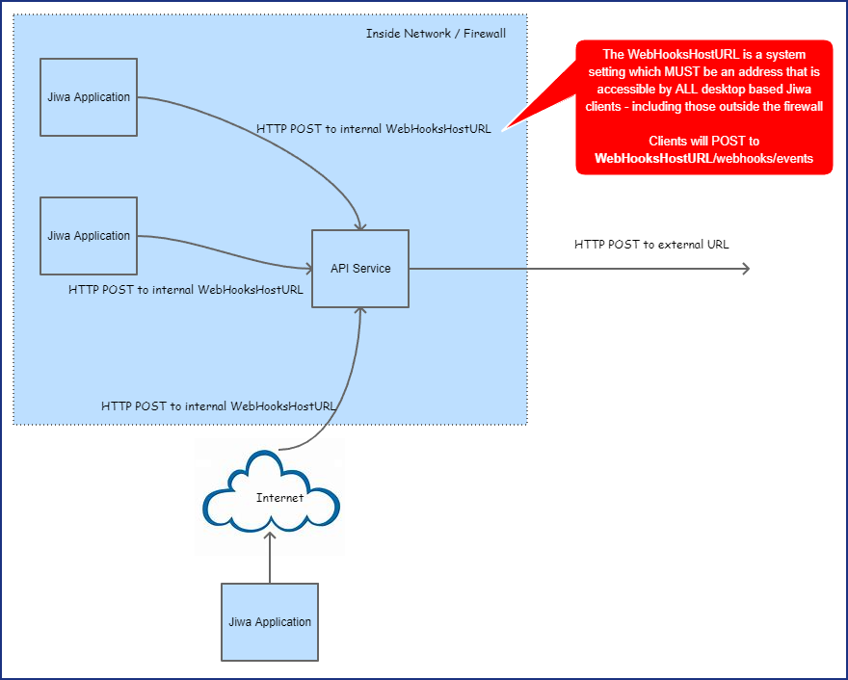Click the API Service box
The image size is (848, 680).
pyautogui.click(x=360, y=269)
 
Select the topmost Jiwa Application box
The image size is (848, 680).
pyautogui.click(x=89, y=97)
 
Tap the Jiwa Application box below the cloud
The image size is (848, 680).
pyautogui.click(x=270, y=621)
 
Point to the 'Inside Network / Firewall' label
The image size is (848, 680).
pyautogui.click(x=436, y=34)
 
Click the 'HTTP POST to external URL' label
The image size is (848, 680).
pyautogui.click(x=651, y=245)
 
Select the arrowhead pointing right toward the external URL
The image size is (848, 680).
pyautogui.click(x=744, y=268)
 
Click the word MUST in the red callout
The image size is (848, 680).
pyautogui.click(x=683, y=72)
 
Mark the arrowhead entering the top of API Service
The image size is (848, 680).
pyautogui.click(x=360, y=224)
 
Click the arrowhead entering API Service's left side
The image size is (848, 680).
pyautogui.click(x=305, y=268)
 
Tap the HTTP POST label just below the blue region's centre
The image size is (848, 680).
pyautogui.click(x=219, y=406)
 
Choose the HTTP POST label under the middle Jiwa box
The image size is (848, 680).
pyautogui.click(x=186, y=289)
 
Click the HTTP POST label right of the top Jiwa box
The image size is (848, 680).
pyautogui.click(x=374, y=129)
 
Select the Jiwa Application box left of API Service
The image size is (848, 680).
pyautogui.click(x=89, y=236)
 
